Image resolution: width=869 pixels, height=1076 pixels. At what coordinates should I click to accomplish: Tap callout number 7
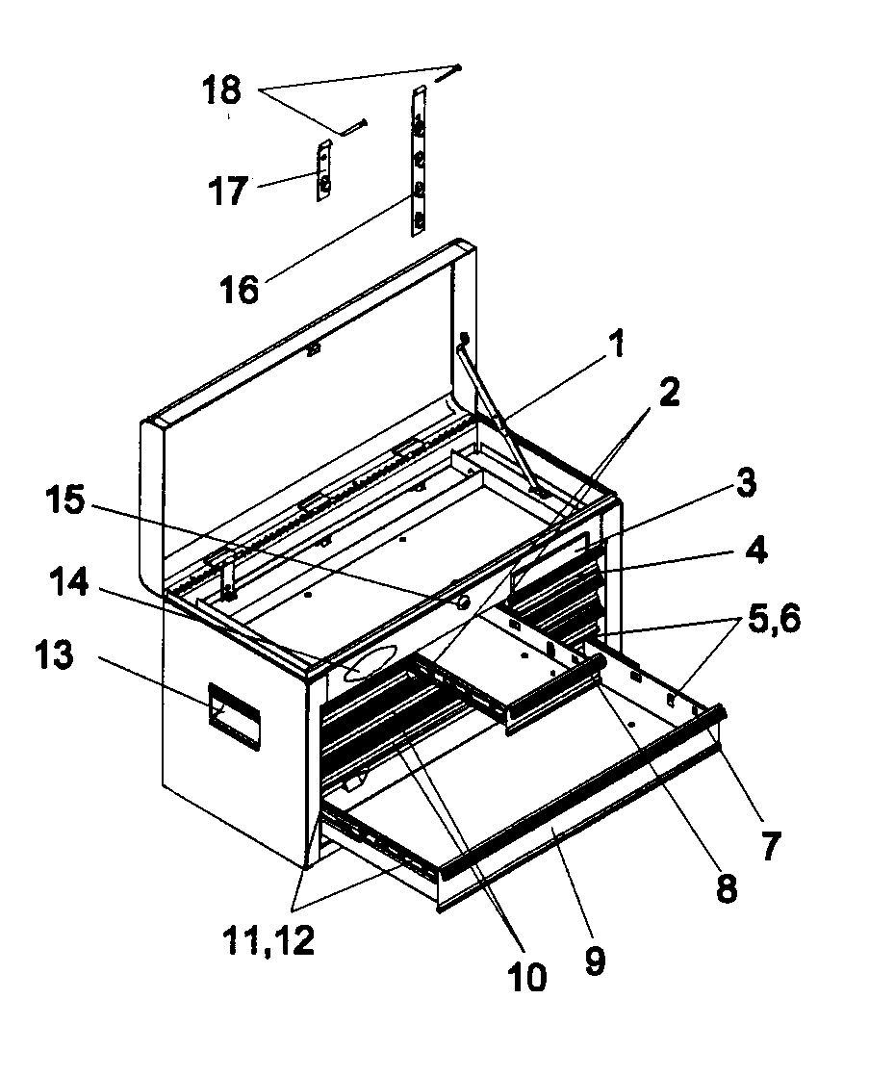click(769, 845)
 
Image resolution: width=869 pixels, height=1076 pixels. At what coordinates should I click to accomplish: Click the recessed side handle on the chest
click(233, 715)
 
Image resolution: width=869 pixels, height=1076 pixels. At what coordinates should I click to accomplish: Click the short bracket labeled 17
click(324, 171)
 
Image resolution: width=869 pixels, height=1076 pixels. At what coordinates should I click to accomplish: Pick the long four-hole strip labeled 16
click(418, 161)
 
